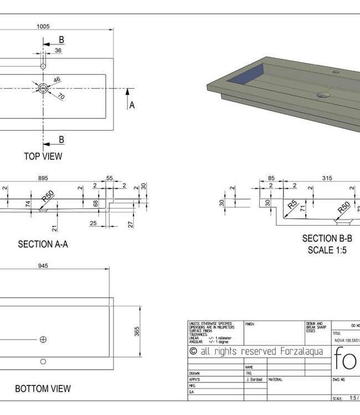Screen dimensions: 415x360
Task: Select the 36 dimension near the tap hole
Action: click(x=58, y=51)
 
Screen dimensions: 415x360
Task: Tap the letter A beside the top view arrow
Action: click(x=132, y=105)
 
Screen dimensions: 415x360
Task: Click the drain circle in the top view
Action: click(x=43, y=89)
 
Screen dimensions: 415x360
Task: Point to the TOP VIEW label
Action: click(x=43, y=157)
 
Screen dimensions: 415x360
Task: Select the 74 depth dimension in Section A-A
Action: click(x=28, y=204)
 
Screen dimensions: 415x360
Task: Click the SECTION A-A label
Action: click(x=43, y=244)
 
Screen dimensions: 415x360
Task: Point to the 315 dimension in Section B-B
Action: click(x=327, y=178)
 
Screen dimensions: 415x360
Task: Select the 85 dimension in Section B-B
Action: click(x=271, y=178)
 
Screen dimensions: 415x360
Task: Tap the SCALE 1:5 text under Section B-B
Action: click(x=327, y=250)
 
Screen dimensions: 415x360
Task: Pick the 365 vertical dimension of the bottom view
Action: click(x=137, y=331)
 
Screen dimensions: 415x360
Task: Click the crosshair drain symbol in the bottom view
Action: click(x=43, y=339)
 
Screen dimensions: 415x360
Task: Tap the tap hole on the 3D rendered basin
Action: click(x=336, y=72)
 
